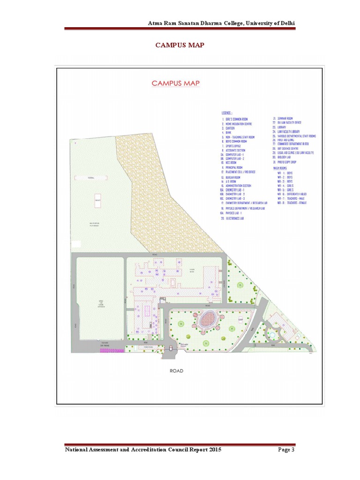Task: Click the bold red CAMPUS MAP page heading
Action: [180, 45]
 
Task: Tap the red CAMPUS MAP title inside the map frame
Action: [176, 83]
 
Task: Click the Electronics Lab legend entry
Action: [235, 218]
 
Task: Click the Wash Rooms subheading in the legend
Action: [283, 167]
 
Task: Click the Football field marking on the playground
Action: [91, 178]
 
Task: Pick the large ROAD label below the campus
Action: [176, 371]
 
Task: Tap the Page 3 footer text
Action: [285, 450]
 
